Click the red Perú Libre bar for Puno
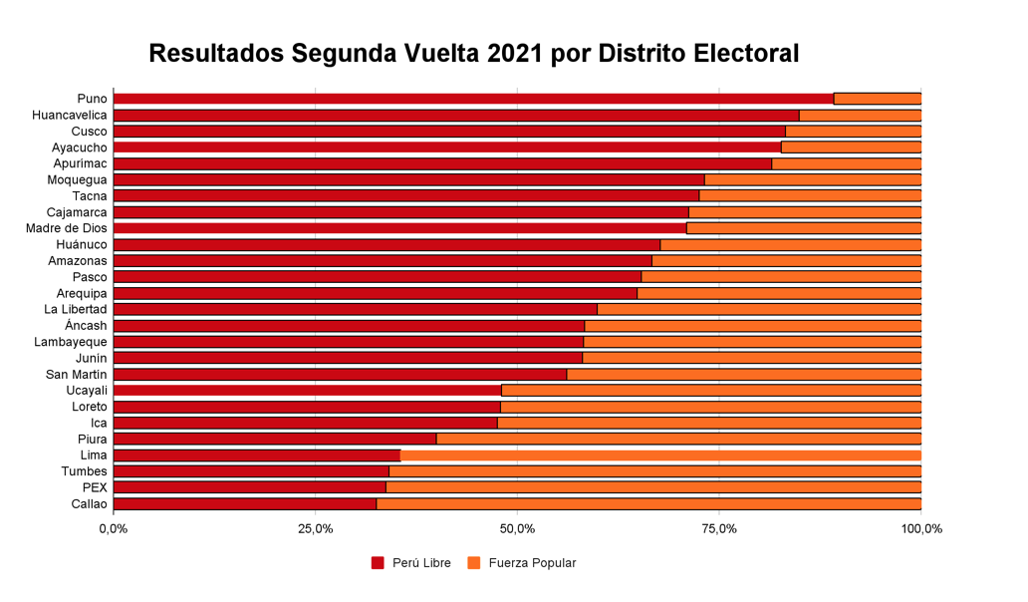[x=473, y=99]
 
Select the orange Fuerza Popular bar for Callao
[x=648, y=503]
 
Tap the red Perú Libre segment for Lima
[x=257, y=455]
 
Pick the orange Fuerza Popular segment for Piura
[x=678, y=439]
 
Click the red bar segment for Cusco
[x=449, y=132]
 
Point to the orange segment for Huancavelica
[x=860, y=116]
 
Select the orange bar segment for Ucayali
[x=710, y=391]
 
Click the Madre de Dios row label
[x=67, y=228]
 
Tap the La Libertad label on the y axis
[x=76, y=309]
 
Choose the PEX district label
[x=95, y=487]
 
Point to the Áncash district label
[x=86, y=326]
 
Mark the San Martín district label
[x=77, y=374]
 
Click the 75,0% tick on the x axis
[x=719, y=529]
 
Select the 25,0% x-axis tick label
[x=316, y=529]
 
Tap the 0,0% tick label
[x=114, y=529]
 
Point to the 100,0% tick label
[x=920, y=529]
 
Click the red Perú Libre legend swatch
[x=378, y=563]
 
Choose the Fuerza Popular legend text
[x=532, y=563]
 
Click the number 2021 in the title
[x=515, y=54]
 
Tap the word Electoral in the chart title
[x=740, y=54]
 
